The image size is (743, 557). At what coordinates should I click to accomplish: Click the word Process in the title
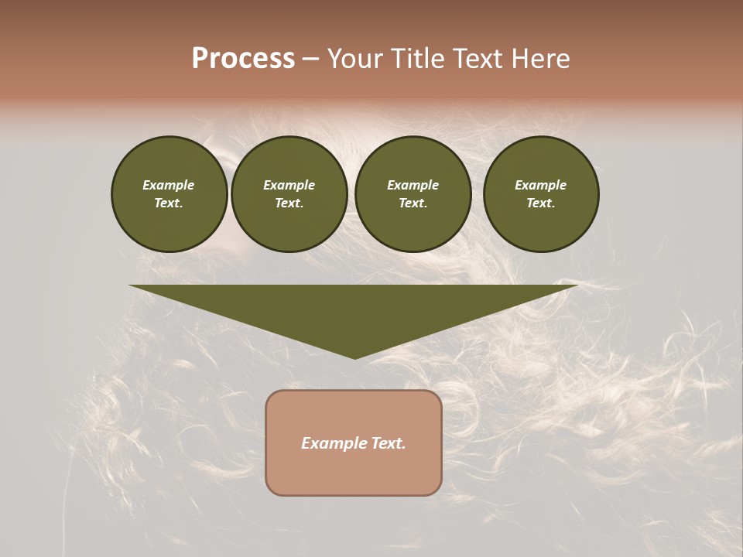tap(243, 59)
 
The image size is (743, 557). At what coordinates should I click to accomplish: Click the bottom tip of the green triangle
tap(354, 357)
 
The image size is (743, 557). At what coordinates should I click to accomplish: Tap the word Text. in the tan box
tap(388, 443)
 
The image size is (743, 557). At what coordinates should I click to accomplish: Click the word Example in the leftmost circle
tap(169, 185)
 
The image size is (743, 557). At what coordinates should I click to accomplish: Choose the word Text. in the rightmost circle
tap(541, 203)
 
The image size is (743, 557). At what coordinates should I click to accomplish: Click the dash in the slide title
tap(310, 59)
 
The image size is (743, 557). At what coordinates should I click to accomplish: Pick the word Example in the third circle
tap(413, 185)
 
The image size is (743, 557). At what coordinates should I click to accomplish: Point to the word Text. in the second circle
tap(289, 203)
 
